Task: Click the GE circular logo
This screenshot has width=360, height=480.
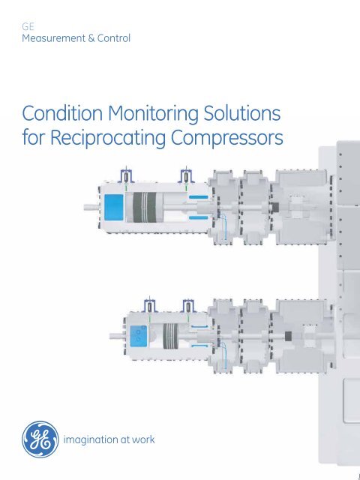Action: coord(40,439)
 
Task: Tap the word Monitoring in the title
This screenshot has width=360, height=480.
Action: coord(153,114)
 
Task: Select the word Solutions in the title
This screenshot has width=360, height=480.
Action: coord(241,113)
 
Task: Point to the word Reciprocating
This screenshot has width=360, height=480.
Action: coord(107,138)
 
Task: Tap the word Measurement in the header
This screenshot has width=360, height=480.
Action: coord(53,38)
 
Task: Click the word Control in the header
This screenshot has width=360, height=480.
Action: coord(114,38)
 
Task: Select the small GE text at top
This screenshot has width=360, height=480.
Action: coord(28,27)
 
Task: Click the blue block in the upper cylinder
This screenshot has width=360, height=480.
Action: coord(114,208)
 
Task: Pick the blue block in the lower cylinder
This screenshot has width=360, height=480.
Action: coord(138,336)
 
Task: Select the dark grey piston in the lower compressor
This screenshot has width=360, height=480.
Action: coord(170,336)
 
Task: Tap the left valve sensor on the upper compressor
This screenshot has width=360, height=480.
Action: coord(126,177)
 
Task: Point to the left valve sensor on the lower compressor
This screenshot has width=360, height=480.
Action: coord(150,306)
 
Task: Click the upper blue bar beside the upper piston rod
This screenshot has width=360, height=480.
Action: coord(198,196)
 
